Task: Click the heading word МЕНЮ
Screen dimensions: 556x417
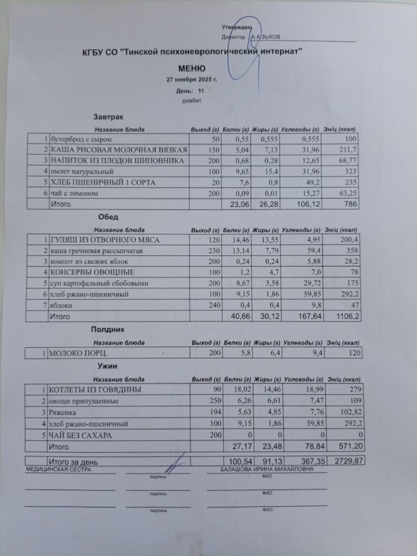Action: [192, 68]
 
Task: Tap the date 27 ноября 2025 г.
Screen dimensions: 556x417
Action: [192, 79]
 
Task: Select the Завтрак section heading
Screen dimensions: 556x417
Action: [108, 117]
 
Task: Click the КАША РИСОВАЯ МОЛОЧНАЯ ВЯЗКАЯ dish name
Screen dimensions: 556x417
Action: [119, 150]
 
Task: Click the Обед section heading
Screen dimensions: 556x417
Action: [104, 217]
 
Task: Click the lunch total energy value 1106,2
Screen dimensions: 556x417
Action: [348, 316]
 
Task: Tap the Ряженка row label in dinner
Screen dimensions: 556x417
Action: [63, 412]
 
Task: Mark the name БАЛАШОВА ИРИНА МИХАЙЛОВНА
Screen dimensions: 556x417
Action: [267, 469]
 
